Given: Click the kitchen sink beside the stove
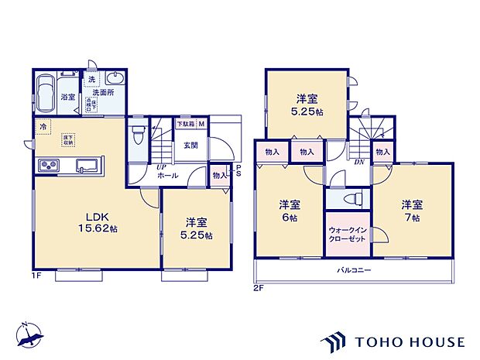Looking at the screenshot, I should click(x=87, y=164).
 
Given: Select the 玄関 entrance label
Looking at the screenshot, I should click(x=190, y=145).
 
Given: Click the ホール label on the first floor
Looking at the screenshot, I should click(x=169, y=176).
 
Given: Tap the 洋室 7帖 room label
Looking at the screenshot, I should click(x=412, y=211).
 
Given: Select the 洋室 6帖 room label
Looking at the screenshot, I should click(x=290, y=211).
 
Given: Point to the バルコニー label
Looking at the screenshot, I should click(x=353, y=270).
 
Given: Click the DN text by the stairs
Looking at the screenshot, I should click(x=359, y=163).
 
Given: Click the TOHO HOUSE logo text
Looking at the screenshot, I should click(x=410, y=341).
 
